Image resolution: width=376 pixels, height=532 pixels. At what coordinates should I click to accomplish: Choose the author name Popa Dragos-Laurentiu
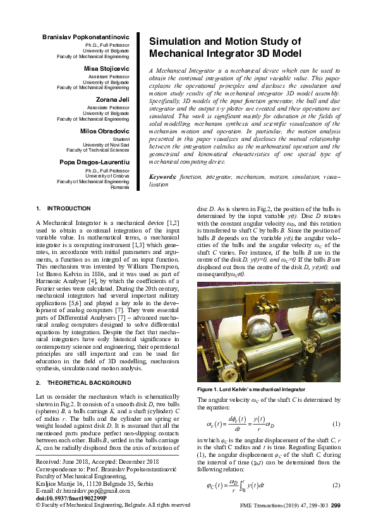point(95,162)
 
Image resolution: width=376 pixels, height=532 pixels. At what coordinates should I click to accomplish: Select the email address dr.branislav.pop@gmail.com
point(84,491)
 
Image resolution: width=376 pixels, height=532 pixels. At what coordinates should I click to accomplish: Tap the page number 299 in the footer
point(336,505)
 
